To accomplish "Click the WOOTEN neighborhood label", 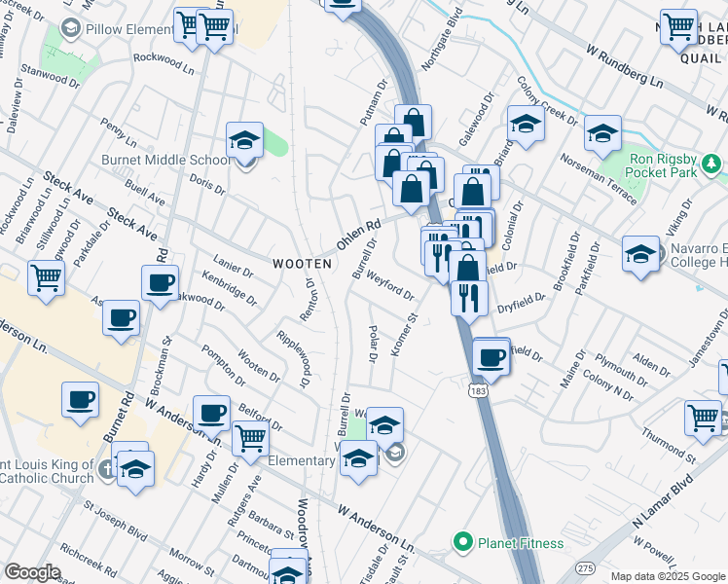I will (x=302, y=264).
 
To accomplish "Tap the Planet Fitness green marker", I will (x=462, y=541).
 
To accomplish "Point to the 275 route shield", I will (x=585, y=567).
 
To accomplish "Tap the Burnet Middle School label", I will (x=166, y=161).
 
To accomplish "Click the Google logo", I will (x=33, y=571).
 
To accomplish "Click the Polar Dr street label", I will (x=373, y=344).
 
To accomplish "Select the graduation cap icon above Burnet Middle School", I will (x=244, y=139).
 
